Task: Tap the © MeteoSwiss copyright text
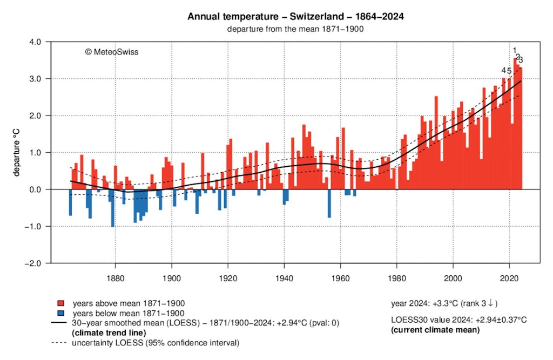coord(111,52)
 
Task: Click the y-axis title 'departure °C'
coord(17,153)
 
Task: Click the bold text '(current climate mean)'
coord(435,329)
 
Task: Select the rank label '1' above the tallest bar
coord(515,51)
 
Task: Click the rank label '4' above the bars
coord(504,71)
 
